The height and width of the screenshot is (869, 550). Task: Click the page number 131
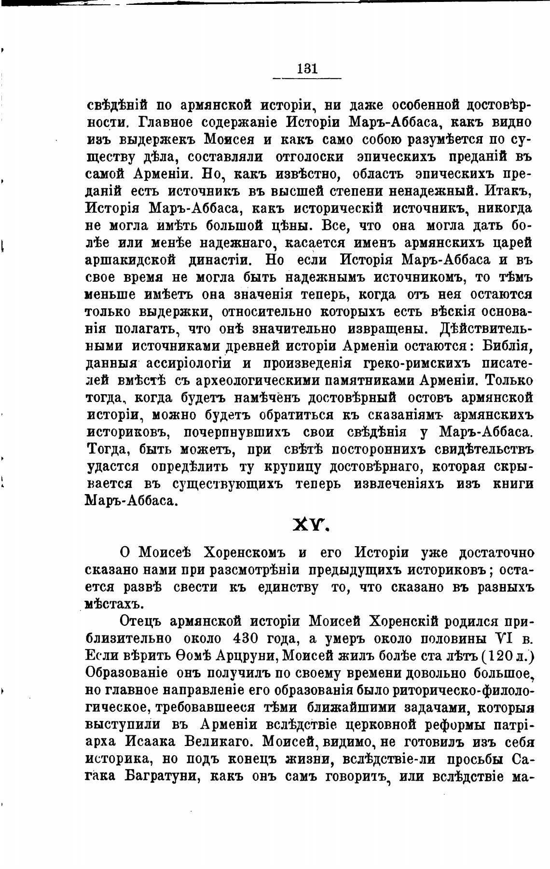[307, 69]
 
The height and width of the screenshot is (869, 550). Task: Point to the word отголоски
[309, 157]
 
